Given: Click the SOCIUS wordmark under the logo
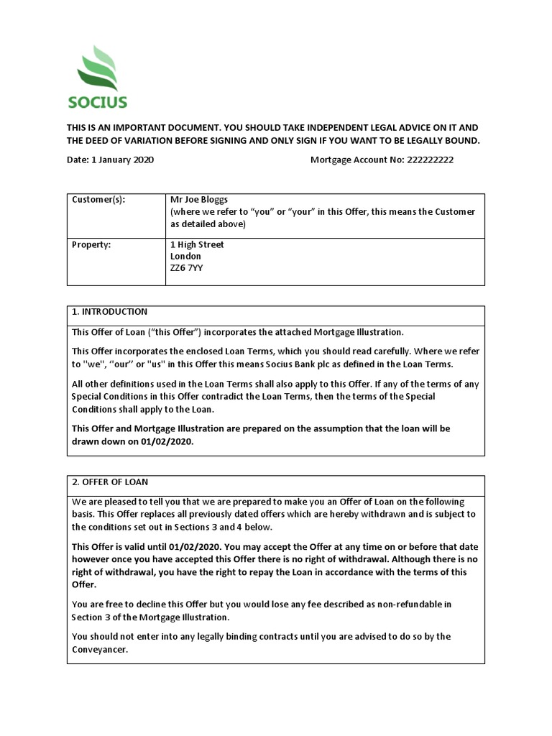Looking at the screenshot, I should click(98, 102).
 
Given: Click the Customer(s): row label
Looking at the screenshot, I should click(98, 200).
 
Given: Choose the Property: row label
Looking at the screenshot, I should click(91, 244).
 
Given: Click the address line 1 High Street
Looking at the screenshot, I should click(197, 244).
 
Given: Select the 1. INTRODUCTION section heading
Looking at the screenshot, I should click(109, 312).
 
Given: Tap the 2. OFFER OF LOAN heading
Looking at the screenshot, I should click(110, 482).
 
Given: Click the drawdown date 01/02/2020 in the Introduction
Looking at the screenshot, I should click(167, 442).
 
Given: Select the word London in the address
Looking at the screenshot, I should click(185, 256).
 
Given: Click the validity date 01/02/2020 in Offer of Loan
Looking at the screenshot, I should click(189, 547).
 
